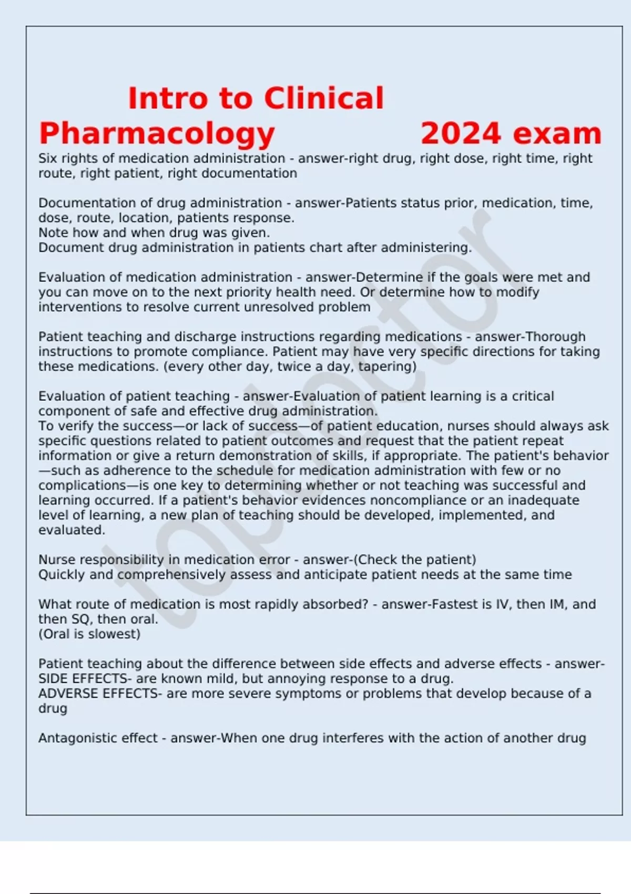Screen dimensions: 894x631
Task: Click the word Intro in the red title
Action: point(167,98)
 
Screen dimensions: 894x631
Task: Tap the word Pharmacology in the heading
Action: point(157,134)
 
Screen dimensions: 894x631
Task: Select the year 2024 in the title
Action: point(460,134)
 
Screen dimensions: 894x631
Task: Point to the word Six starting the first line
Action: point(48,158)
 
